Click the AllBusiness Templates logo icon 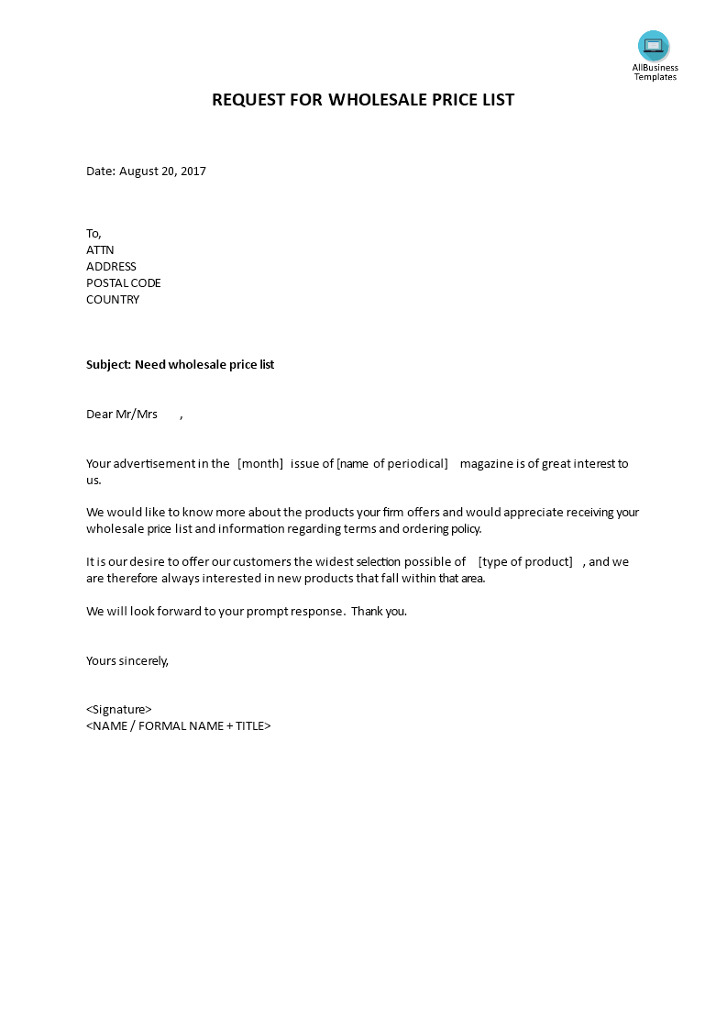coord(654,46)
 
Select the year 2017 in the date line coord(193,171)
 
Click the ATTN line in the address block coord(100,250)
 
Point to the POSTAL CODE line coord(123,283)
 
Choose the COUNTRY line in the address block coord(113,300)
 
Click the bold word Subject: coord(108,365)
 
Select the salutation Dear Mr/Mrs coord(122,415)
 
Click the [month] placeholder coord(260,464)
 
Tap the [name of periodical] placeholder coord(392,464)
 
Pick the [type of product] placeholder coord(525,562)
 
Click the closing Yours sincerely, coord(127,660)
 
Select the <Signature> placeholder coord(119,710)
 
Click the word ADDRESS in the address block coord(111,267)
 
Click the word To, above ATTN coord(94,234)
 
